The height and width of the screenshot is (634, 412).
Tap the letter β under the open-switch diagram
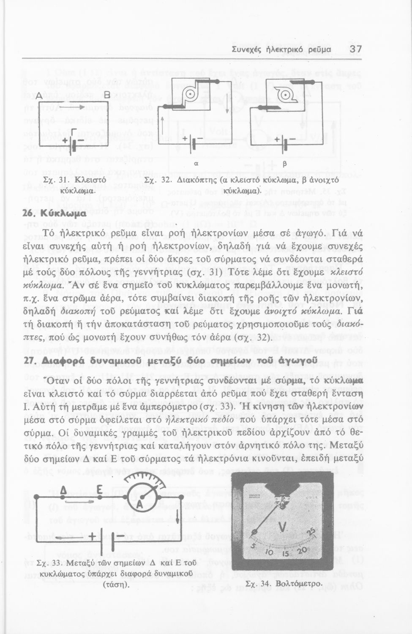[x=284, y=164]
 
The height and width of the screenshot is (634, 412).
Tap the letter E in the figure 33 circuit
[x=100, y=490]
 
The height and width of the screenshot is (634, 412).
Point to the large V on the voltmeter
[x=284, y=527]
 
